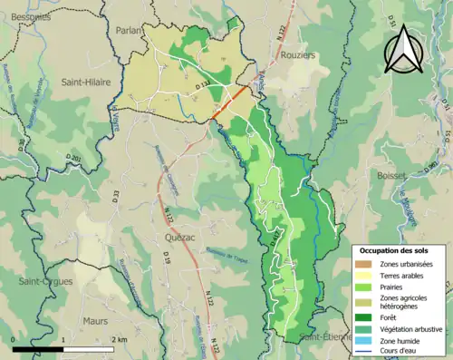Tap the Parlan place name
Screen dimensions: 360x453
tap(130, 30)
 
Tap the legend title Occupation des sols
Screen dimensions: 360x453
tap(395, 250)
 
